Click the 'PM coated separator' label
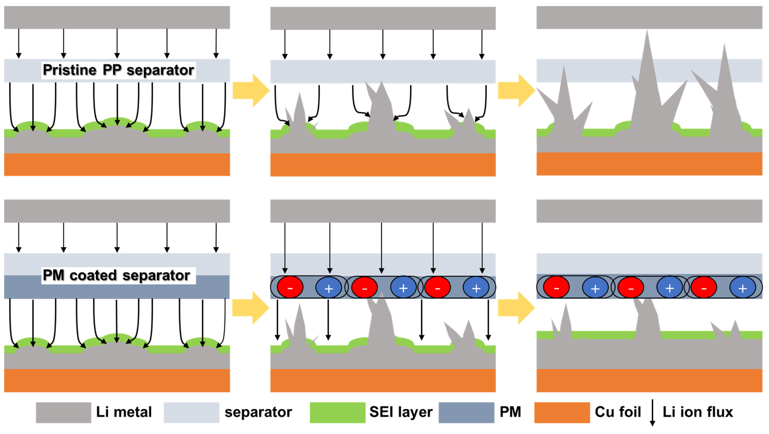click(116, 275)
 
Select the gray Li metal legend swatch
click(63, 413)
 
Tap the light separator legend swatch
click(191, 413)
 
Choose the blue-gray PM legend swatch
click(466, 413)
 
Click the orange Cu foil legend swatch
click(562, 413)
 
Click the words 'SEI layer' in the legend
click(401, 412)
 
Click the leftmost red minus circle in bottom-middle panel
click(290, 287)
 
